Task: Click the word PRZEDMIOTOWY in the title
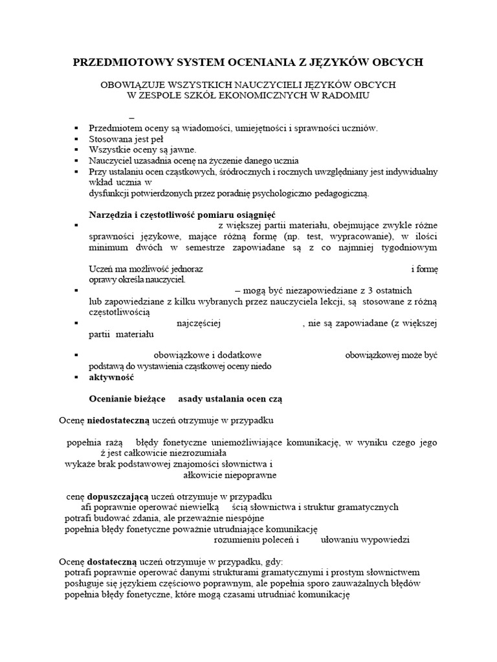coord(114,62)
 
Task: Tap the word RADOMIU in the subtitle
coord(349,96)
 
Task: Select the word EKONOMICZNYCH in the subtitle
coord(250,96)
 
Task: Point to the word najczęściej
coord(199,323)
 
